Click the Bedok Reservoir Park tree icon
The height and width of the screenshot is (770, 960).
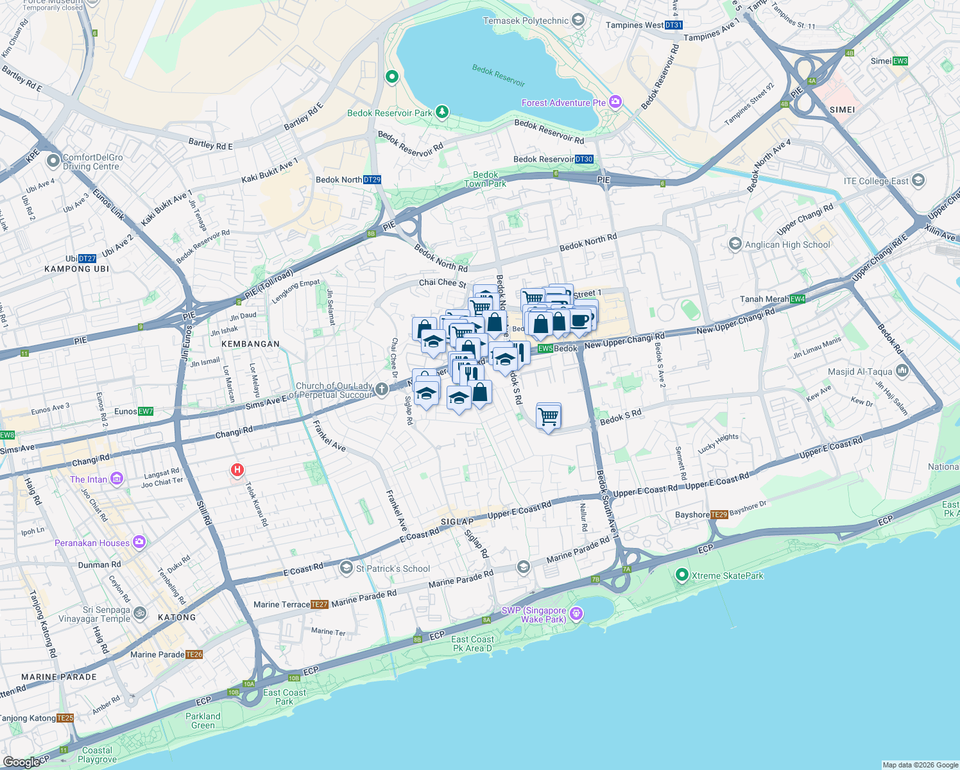click(441, 112)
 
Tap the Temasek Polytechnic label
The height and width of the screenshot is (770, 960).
click(526, 21)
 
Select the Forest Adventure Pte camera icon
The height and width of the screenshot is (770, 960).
click(615, 102)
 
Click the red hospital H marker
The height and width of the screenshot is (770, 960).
click(237, 470)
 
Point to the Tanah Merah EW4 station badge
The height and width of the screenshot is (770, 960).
click(797, 299)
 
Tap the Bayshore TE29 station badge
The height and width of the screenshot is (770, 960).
click(719, 515)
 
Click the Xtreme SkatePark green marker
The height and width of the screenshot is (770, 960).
click(682, 575)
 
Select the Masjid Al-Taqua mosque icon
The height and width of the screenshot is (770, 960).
click(902, 371)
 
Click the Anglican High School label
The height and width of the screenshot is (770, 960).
click(787, 244)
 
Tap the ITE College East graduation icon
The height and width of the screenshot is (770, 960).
click(918, 180)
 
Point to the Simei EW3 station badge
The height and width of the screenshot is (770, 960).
click(900, 61)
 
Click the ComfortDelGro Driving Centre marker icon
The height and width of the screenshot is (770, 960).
click(53, 160)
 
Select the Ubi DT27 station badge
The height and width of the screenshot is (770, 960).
click(87, 259)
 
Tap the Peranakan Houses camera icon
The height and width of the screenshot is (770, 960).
click(139, 542)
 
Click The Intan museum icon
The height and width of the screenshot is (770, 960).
click(117, 479)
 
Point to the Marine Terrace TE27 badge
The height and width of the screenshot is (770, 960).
click(320, 604)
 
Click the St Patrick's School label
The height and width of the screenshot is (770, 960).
click(393, 569)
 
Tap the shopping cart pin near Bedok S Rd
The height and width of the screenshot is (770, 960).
click(548, 416)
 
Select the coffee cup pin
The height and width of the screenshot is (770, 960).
click(579, 320)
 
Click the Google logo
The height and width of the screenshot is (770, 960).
click(21, 762)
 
